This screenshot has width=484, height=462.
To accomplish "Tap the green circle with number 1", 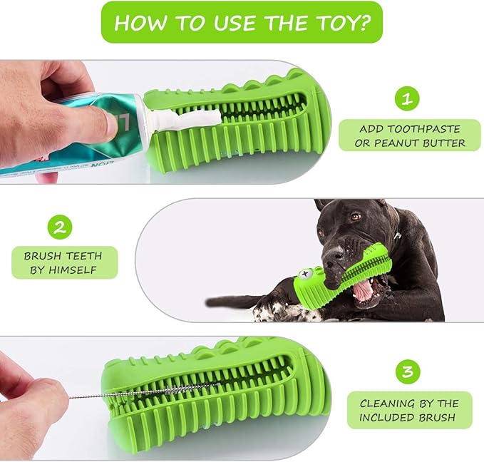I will (406, 99).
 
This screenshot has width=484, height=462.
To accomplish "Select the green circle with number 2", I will (61, 227).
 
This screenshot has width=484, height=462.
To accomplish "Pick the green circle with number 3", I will (406, 371).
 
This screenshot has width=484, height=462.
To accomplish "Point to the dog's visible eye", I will (354, 217).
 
